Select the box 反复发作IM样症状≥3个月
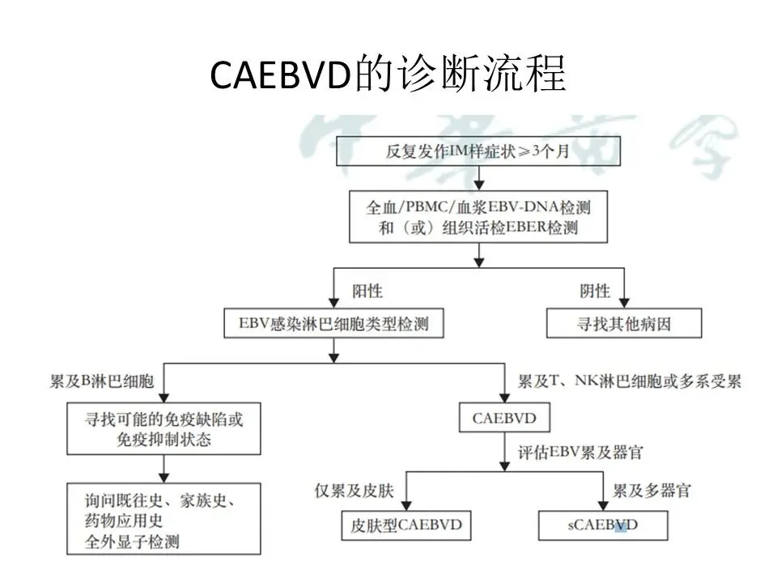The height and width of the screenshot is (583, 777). (x=478, y=151)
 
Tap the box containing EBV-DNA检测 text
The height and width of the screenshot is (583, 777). (x=478, y=216)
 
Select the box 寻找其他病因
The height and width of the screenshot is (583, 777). (x=623, y=326)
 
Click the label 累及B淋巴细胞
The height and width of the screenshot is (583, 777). (x=106, y=381)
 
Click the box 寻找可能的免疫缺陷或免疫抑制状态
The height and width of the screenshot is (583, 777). (x=164, y=429)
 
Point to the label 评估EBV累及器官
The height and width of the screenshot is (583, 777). (x=580, y=452)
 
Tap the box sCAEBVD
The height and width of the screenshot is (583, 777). (x=604, y=526)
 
